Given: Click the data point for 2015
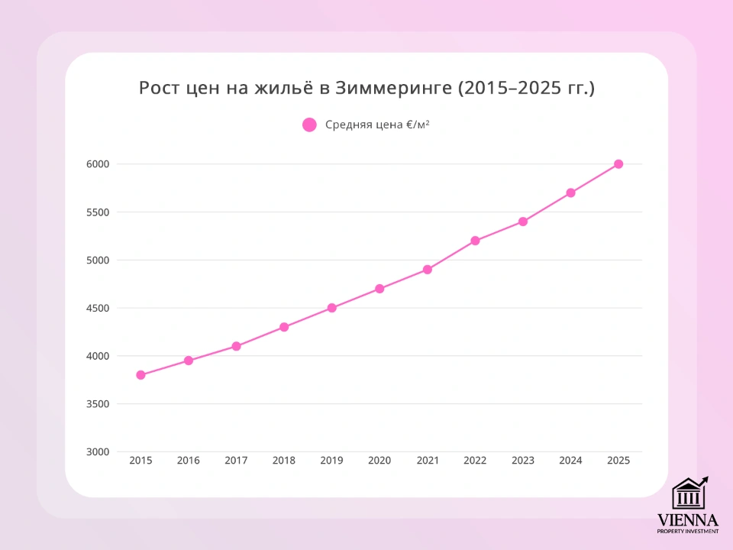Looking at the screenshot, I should click(x=140, y=375).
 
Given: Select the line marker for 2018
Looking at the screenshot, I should click(x=284, y=327).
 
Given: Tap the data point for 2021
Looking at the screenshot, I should click(x=428, y=270).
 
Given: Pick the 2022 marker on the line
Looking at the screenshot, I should click(x=475, y=241).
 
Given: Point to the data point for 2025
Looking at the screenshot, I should click(x=618, y=164).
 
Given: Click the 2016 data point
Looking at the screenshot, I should click(x=189, y=361).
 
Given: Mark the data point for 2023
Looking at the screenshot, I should click(x=523, y=222).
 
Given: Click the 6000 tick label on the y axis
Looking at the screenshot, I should click(x=98, y=164).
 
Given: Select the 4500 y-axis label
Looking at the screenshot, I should click(x=98, y=308).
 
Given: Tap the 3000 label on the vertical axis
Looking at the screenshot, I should click(x=98, y=451).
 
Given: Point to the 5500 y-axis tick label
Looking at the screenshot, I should click(x=98, y=212).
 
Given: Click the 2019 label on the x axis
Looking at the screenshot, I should click(x=331, y=461).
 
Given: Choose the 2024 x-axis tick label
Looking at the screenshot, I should click(x=570, y=461).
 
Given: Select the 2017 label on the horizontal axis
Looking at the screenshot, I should click(x=236, y=461).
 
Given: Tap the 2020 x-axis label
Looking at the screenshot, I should click(x=379, y=461).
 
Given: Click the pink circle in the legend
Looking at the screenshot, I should click(x=309, y=125).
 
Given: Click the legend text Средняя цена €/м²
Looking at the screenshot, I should click(x=377, y=125).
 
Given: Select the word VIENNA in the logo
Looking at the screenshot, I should click(x=688, y=519).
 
